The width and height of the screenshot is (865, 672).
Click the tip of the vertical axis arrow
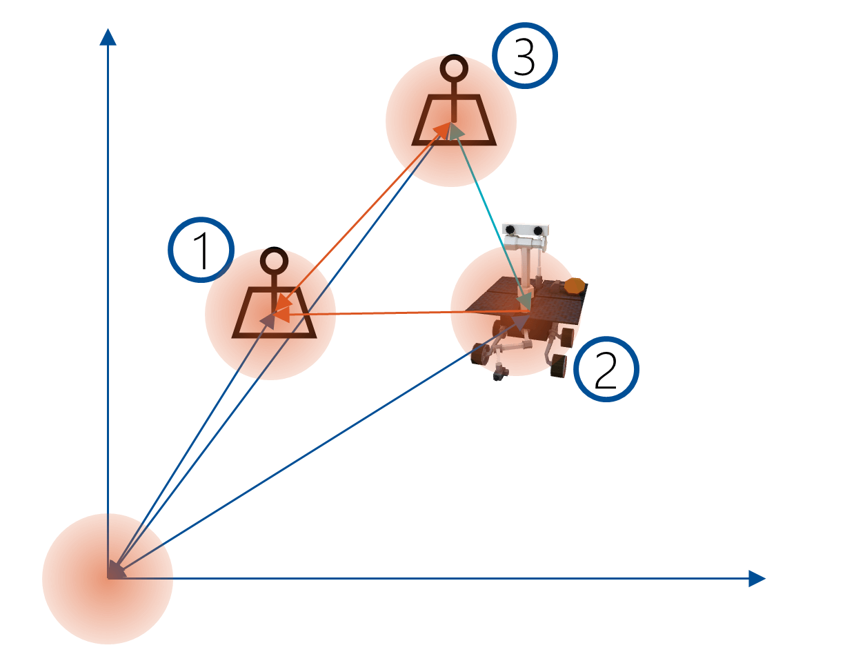(108, 29)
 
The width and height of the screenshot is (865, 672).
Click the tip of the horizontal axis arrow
(766, 578)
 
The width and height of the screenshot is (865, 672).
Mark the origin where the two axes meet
(108, 578)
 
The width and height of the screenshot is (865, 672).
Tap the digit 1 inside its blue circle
(202, 250)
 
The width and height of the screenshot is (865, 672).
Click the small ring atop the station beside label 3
(454, 68)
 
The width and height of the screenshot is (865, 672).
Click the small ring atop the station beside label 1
(274, 261)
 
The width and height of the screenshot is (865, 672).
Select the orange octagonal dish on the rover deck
(575, 286)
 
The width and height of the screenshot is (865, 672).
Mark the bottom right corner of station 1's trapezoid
(317, 338)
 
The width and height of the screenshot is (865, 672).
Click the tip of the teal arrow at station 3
(451, 123)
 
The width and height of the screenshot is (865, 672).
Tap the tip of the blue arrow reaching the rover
(530, 315)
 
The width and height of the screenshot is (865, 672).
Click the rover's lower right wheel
(559, 366)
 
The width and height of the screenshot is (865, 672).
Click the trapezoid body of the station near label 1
(275, 313)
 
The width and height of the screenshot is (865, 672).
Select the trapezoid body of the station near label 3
(454, 120)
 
